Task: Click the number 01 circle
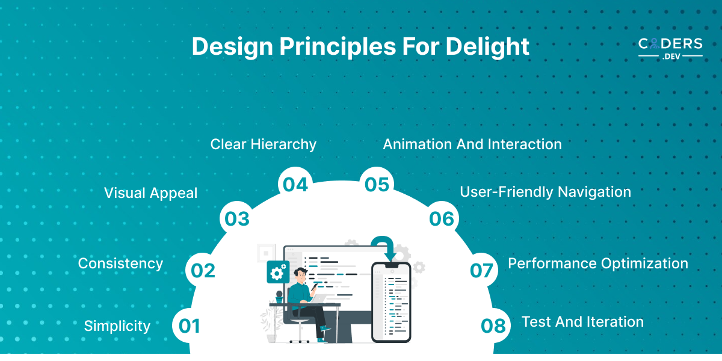click(189, 326)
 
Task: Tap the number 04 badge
click(295, 184)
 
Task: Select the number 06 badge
click(442, 218)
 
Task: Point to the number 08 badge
click(493, 326)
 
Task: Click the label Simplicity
click(117, 326)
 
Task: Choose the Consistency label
click(120, 264)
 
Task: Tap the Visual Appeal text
click(151, 193)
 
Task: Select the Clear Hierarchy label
click(264, 144)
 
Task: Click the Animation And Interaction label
click(472, 144)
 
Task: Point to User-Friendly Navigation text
click(545, 192)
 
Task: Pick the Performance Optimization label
click(598, 264)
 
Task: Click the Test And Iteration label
click(583, 322)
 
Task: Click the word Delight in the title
click(487, 47)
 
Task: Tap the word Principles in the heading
click(338, 47)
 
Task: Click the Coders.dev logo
click(670, 49)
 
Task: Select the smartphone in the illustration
click(391, 302)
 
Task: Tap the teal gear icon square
click(278, 272)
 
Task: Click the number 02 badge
click(203, 270)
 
